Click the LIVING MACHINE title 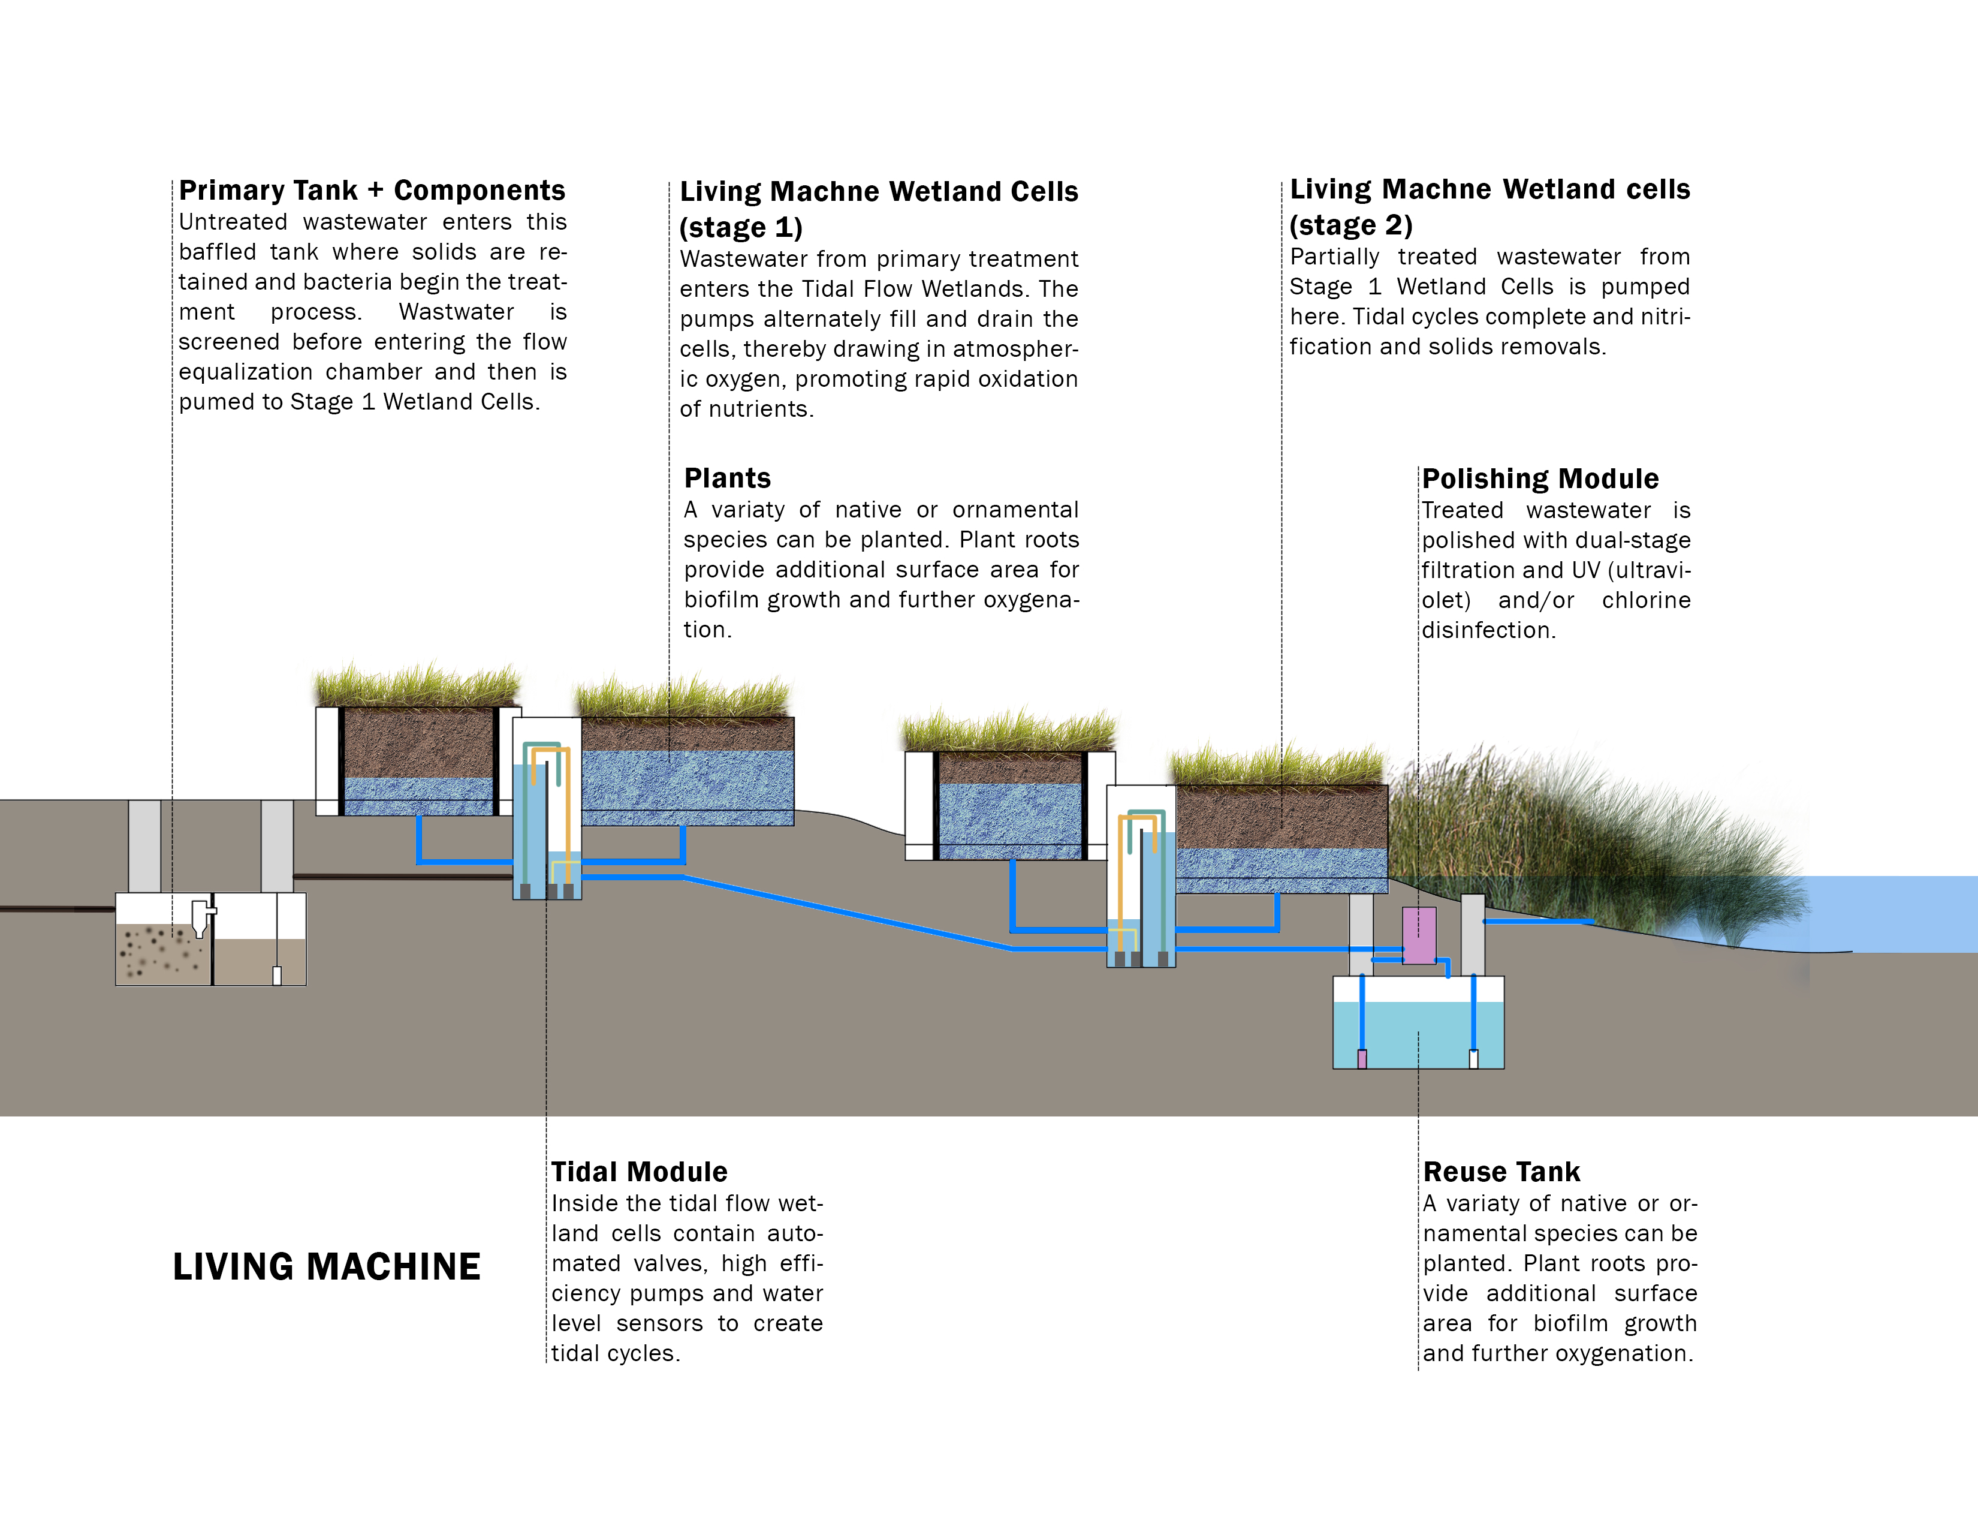(326, 1266)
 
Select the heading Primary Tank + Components (372, 190)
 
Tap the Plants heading (727, 478)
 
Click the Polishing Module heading (1540, 478)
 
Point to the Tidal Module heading (640, 1172)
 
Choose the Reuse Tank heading (1501, 1172)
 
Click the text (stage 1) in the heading (741, 227)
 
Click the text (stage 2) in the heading (1350, 225)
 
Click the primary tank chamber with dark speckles (163, 953)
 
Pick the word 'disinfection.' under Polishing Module (1488, 630)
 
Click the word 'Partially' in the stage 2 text (1334, 257)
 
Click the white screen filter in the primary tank (201, 917)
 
